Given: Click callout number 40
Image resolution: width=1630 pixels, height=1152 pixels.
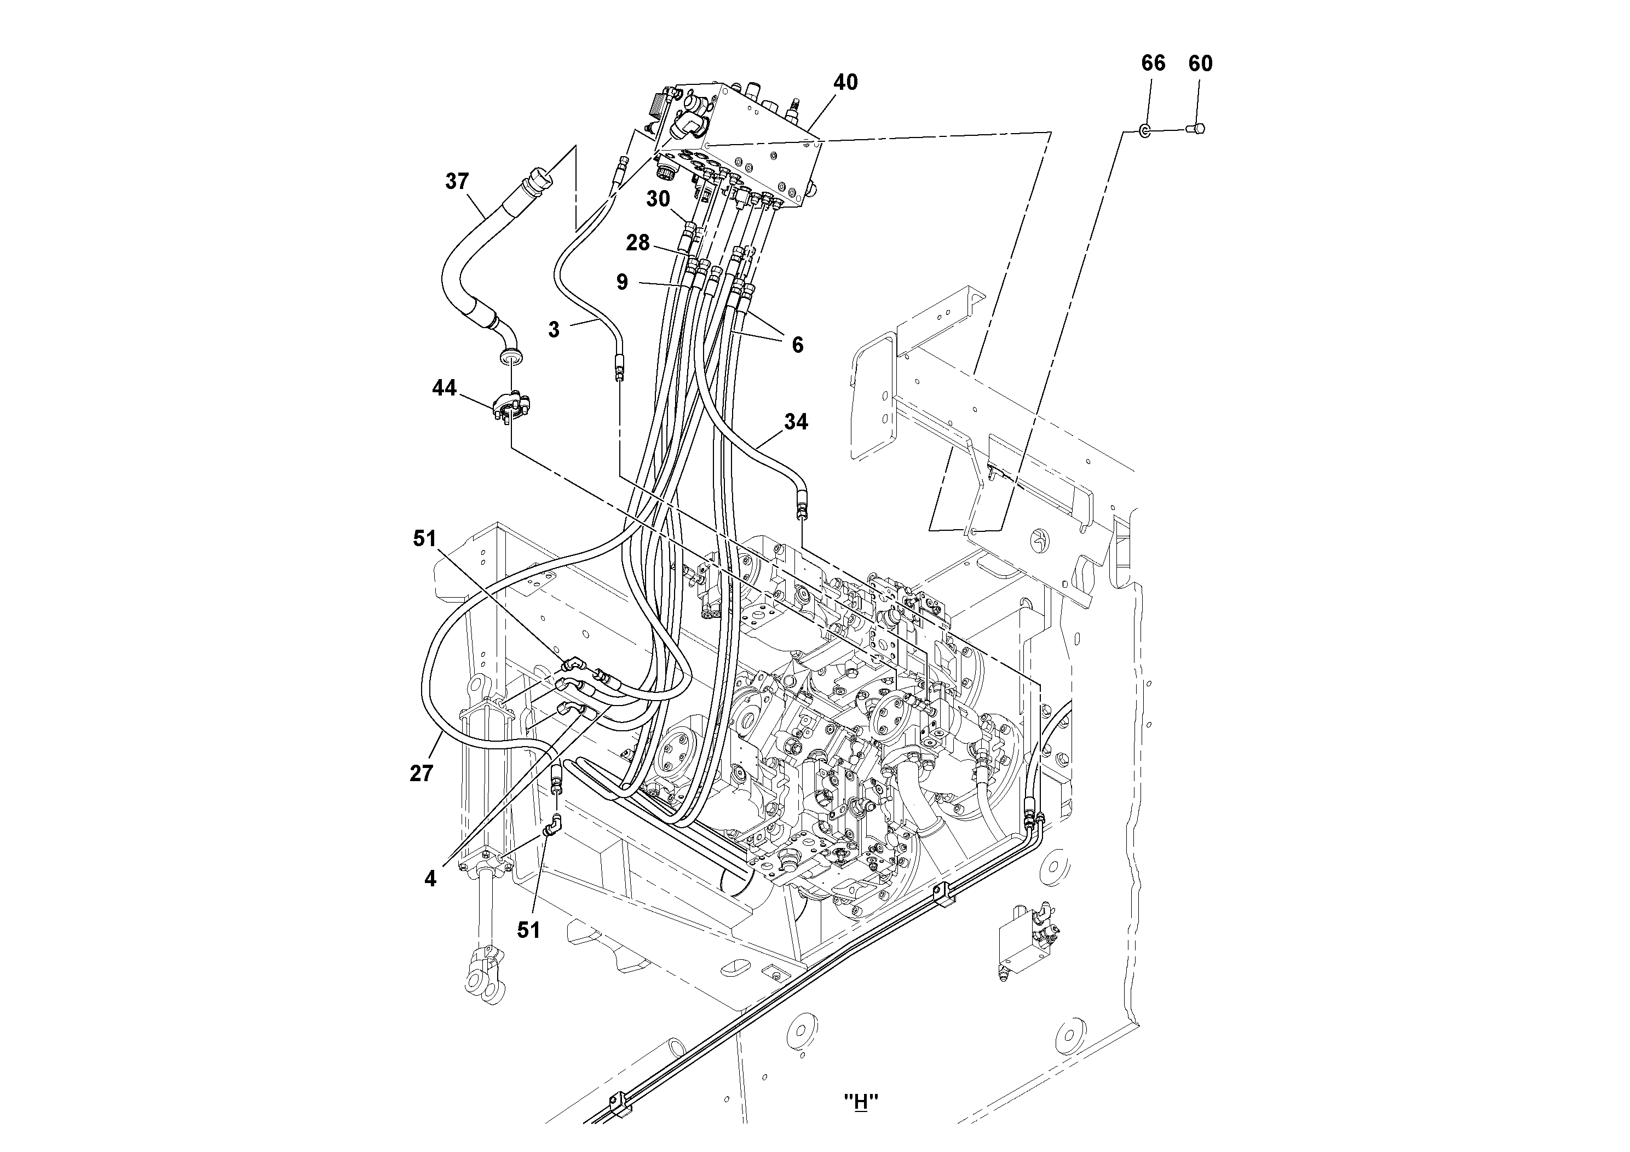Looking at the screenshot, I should [845, 82].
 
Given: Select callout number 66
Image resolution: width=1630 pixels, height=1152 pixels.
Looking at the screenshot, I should [1153, 63].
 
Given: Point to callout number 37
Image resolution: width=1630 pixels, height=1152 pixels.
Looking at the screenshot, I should [457, 181].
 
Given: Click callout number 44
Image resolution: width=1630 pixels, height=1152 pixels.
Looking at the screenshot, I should [445, 388].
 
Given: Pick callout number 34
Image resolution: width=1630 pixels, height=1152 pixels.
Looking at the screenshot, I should [796, 422].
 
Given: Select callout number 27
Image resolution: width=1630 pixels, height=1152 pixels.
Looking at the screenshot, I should [421, 773].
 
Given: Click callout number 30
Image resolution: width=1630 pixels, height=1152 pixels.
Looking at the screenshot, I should [658, 199].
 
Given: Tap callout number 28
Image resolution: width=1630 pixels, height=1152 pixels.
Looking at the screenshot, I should [637, 243].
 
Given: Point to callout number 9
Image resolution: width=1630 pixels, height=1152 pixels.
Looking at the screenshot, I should [622, 282].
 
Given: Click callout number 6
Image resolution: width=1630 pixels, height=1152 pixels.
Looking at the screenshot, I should [797, 345].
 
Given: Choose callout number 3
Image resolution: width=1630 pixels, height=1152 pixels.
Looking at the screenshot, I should [554, 330].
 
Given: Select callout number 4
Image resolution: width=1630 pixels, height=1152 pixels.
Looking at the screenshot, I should [430, 879].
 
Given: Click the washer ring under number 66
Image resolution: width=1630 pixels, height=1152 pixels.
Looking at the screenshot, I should [1145, 130].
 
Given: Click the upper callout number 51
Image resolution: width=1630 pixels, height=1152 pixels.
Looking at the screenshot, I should [424, 539].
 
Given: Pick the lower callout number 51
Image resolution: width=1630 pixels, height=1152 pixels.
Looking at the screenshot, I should [528, 930].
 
